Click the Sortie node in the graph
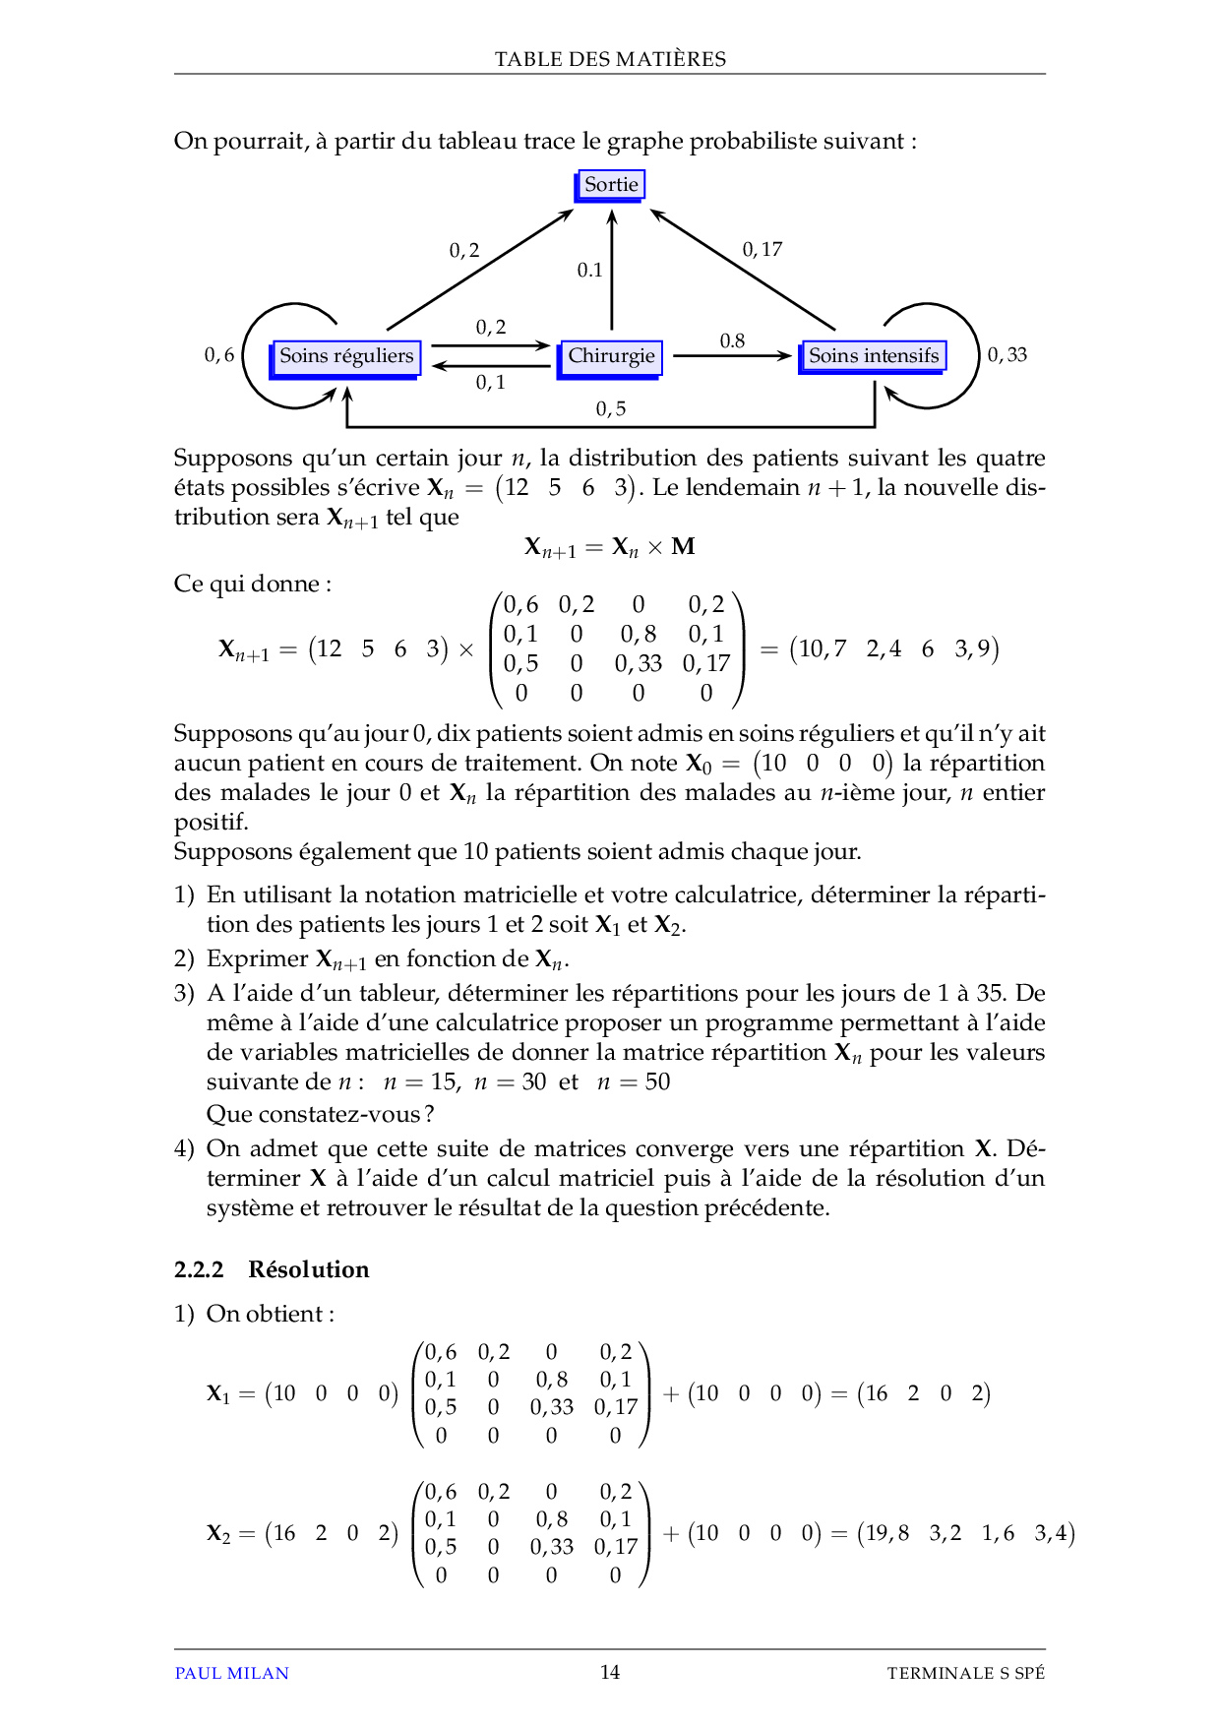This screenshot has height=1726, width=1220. (611, 185)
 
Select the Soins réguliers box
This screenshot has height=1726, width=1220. (346, 356)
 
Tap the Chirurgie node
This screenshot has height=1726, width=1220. (611, 356)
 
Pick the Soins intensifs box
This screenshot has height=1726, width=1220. (874, 356)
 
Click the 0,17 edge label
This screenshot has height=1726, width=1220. (762, 250)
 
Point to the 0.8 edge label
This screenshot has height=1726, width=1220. (732, 341)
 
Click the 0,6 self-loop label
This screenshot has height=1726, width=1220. (219, 355)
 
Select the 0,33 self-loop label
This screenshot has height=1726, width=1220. (1006, 355)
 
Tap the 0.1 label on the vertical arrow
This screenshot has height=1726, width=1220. (589, 270)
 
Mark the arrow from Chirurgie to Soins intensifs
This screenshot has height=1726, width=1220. (732, 356)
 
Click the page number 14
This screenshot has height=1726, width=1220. (610, 1672)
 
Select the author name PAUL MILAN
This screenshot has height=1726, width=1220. (231, 1673)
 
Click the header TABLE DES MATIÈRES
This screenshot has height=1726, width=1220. (610, 59)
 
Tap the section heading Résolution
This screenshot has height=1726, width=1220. (308, 1269)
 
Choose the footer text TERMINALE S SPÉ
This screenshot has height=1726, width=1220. (965, 1673)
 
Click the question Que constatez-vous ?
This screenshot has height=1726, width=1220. (321, 1114)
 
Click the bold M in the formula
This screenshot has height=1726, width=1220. (683, 547)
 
